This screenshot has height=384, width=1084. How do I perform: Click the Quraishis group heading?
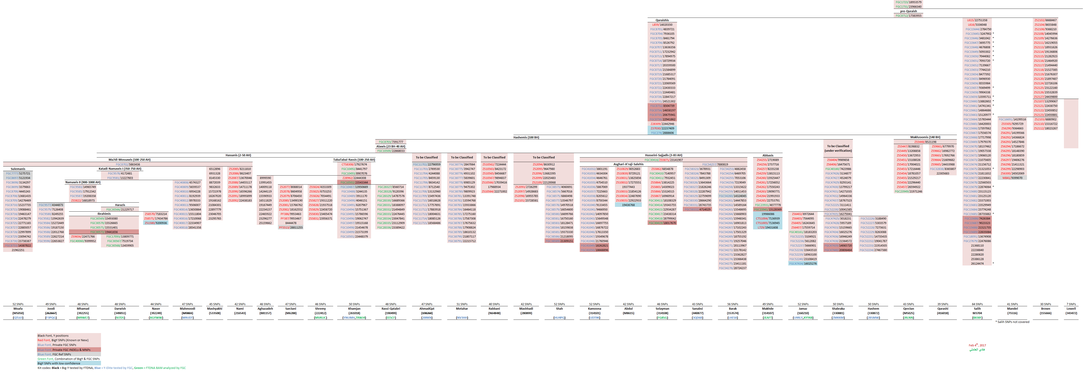[x=662, y=20]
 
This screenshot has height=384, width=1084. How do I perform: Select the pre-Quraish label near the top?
[x=908, y=11]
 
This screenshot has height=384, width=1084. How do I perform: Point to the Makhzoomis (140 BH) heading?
[x=925, y=137]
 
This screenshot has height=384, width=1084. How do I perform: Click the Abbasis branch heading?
[x=768, y=155]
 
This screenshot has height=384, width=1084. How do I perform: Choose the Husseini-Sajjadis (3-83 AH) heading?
[x=663, y=155]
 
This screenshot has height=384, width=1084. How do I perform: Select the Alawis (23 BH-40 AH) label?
[x=390, y=146]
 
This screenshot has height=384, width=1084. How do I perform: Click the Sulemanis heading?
[x=18, y=169]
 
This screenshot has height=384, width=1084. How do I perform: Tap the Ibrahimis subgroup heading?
[x=104, y=214]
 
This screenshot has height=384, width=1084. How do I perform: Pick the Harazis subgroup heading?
[x=120, y=205]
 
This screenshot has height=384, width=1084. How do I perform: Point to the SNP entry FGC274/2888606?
[x=662, y=133]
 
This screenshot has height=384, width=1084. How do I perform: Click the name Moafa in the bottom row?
[x=18, y=308]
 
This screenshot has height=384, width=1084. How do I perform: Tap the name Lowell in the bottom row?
[x=1071, y=308]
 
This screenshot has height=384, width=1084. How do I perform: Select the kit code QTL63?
[x=18, y=318]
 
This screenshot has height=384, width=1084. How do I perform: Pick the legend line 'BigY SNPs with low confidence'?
[x=59, y=363]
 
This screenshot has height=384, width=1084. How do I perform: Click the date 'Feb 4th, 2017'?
[x=977, y=345]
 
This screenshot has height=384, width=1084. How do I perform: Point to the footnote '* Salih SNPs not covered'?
[x=1012, y=322]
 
